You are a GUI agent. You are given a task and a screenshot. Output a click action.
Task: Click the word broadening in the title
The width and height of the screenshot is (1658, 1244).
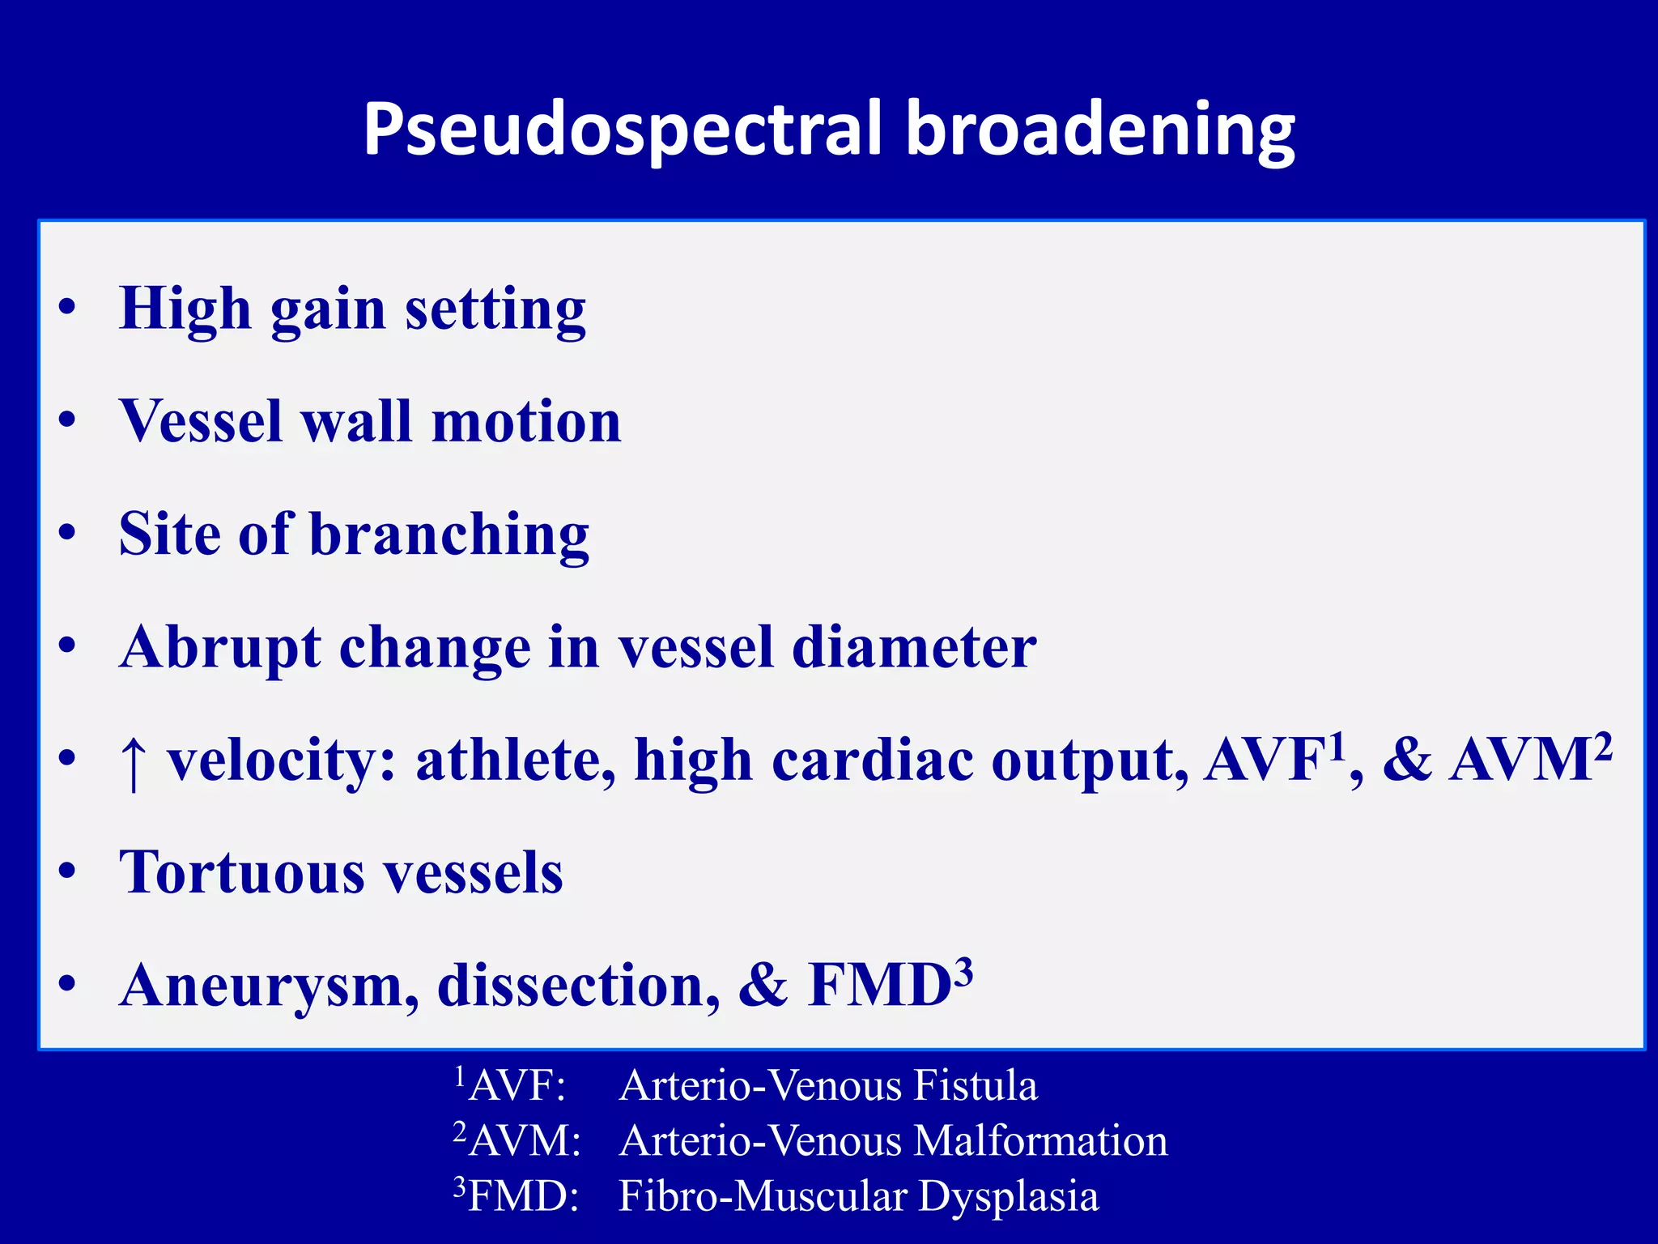point(1100,130)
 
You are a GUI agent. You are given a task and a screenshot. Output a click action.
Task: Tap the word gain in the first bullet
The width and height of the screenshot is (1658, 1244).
point(328,311)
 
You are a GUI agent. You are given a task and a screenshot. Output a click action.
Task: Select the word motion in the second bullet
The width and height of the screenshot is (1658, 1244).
point(526,422)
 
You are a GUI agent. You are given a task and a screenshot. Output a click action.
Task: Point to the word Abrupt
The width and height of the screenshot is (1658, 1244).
point(219,649)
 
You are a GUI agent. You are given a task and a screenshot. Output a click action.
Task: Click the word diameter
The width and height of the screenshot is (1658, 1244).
point(914,647)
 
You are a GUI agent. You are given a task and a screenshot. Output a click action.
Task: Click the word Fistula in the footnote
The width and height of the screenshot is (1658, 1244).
point(975,1085)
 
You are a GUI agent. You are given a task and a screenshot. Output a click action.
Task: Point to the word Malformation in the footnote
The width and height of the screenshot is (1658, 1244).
point(1040,1140)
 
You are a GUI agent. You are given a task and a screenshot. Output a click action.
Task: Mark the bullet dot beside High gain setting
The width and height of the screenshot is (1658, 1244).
point(68,308)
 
